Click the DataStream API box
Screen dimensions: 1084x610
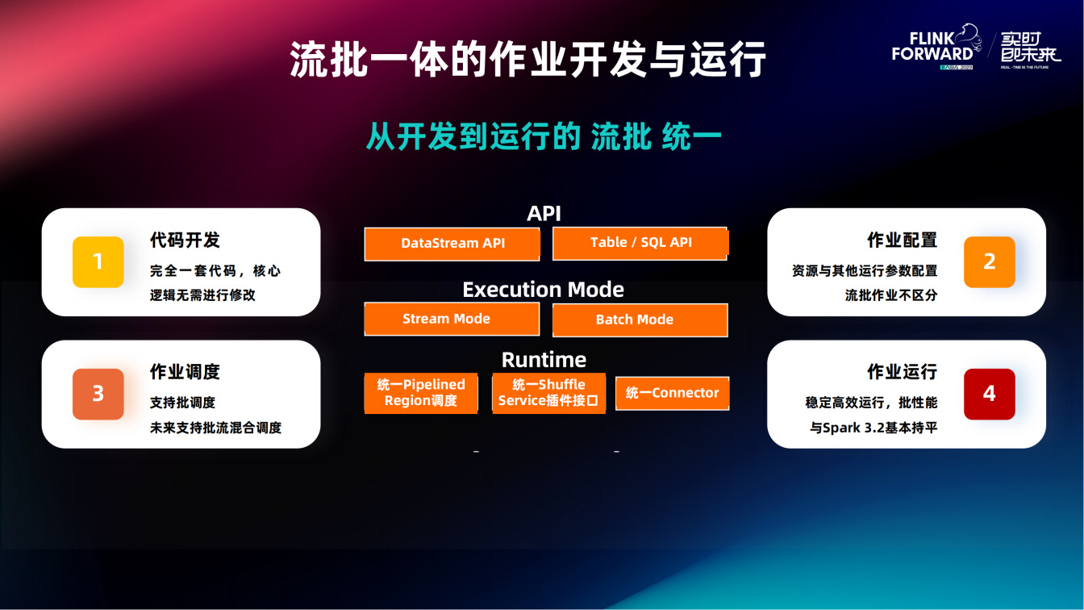452,244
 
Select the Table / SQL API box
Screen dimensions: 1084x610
640,243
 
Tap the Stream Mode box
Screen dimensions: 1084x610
452,319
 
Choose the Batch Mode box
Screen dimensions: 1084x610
640,320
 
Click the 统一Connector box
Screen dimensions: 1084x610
672,393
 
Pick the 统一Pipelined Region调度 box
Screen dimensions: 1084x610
421,393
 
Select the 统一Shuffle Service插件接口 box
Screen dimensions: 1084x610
548,393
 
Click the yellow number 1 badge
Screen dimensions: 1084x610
98,262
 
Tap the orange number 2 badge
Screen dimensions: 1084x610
990,262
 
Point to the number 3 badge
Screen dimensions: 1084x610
98,394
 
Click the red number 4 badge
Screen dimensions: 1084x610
990,394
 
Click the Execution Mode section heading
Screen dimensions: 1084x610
544,290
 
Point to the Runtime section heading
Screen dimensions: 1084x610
544,360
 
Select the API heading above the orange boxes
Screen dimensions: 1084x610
544,214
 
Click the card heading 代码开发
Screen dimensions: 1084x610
185,240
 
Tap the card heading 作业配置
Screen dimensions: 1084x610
902,240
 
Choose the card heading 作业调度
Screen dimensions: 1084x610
185,372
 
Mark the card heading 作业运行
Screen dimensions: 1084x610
902,372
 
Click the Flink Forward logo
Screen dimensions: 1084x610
936,47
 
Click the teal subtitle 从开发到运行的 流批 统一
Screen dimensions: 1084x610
544,136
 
